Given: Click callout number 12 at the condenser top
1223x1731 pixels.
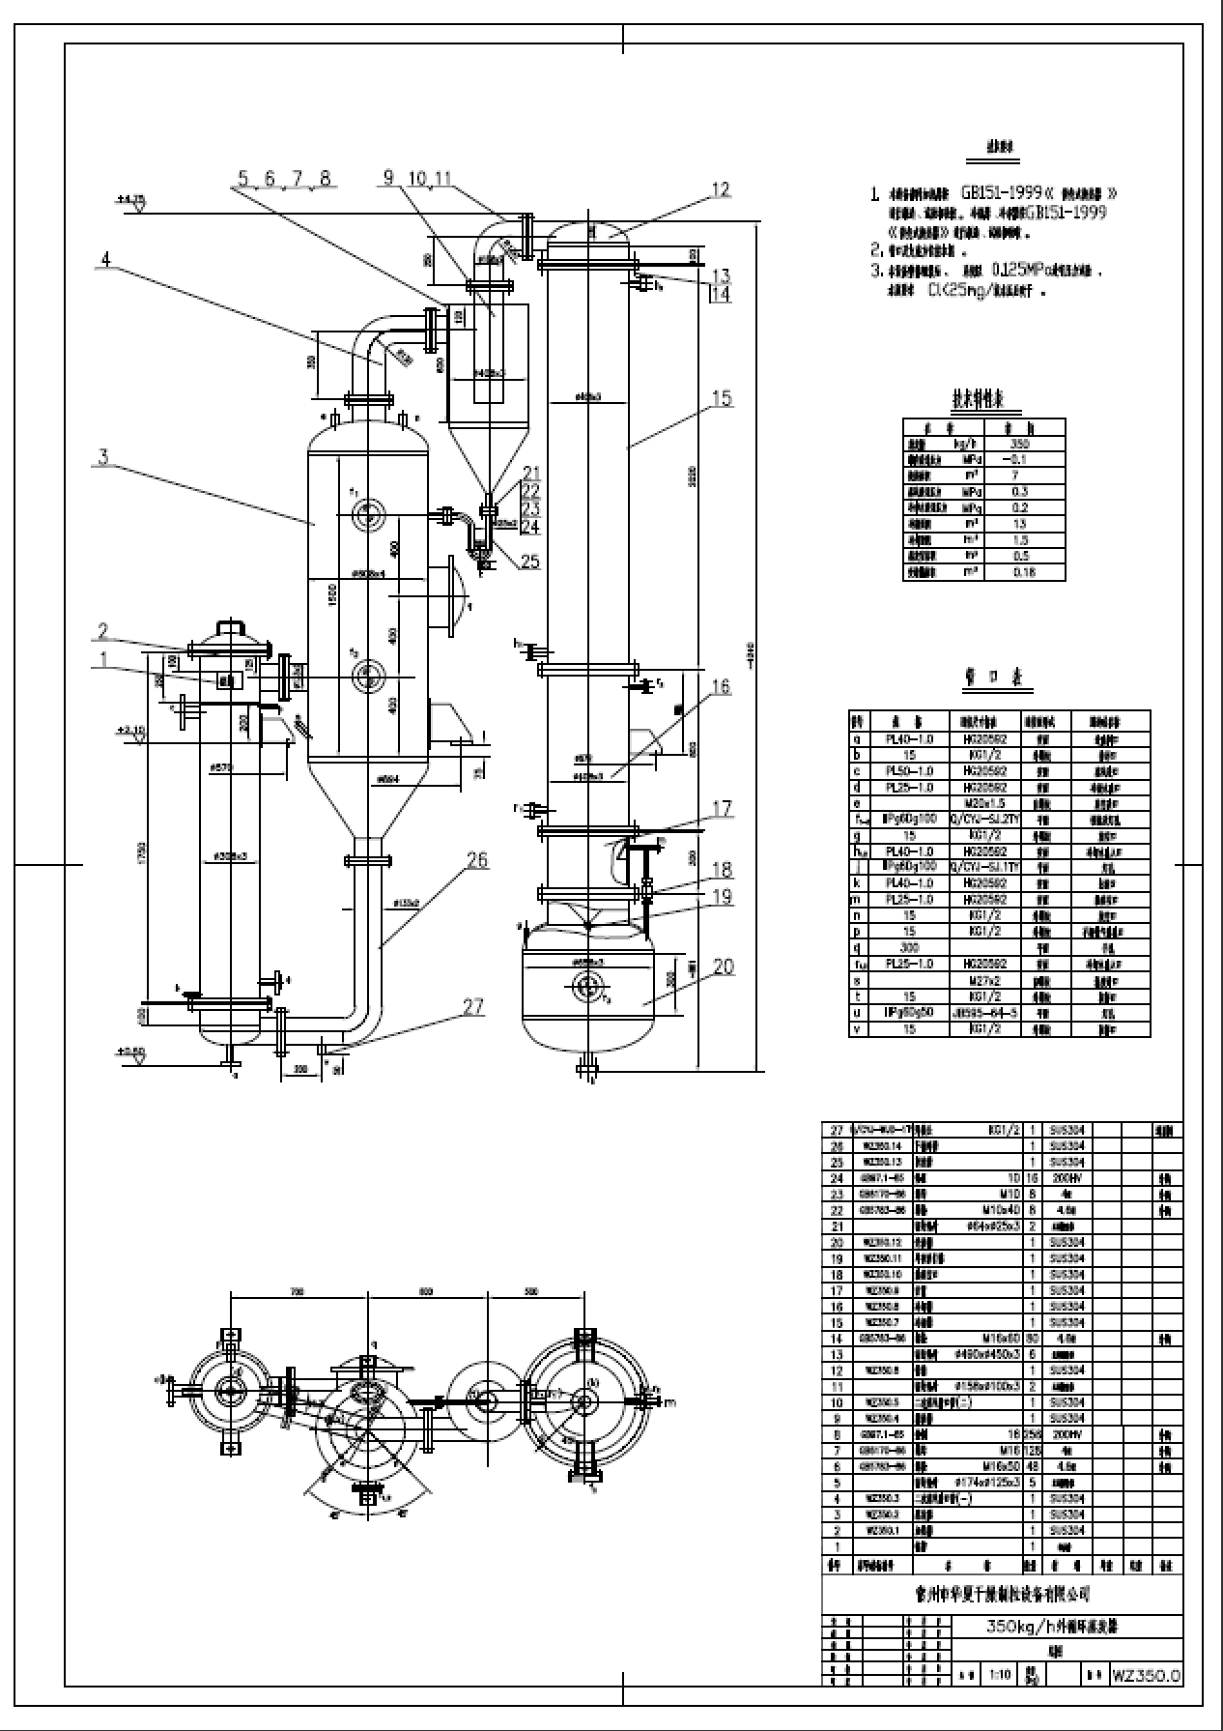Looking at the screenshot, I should (x=721, y=190).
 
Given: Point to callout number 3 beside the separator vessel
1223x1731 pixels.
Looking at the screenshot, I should (x=104, y=457).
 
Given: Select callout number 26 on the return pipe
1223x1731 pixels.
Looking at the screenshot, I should (x=477, y=860).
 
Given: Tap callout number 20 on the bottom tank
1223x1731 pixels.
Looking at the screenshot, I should (x=723, y=966).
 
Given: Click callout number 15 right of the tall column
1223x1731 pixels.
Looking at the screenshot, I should (x=722, y=398).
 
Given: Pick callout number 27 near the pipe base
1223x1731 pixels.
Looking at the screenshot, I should (x=472, y=1006).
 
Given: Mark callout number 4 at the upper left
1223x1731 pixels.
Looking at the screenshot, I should (x=105, y=259).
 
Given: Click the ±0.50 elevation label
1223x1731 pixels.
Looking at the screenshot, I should (x=130, y=1051).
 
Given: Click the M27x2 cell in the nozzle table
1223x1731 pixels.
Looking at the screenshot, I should (x=986, y=980).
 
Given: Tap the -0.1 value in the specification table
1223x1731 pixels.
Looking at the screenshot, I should (x=1018, y=460).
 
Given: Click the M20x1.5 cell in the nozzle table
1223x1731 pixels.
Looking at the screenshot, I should (x=985, y=803).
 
